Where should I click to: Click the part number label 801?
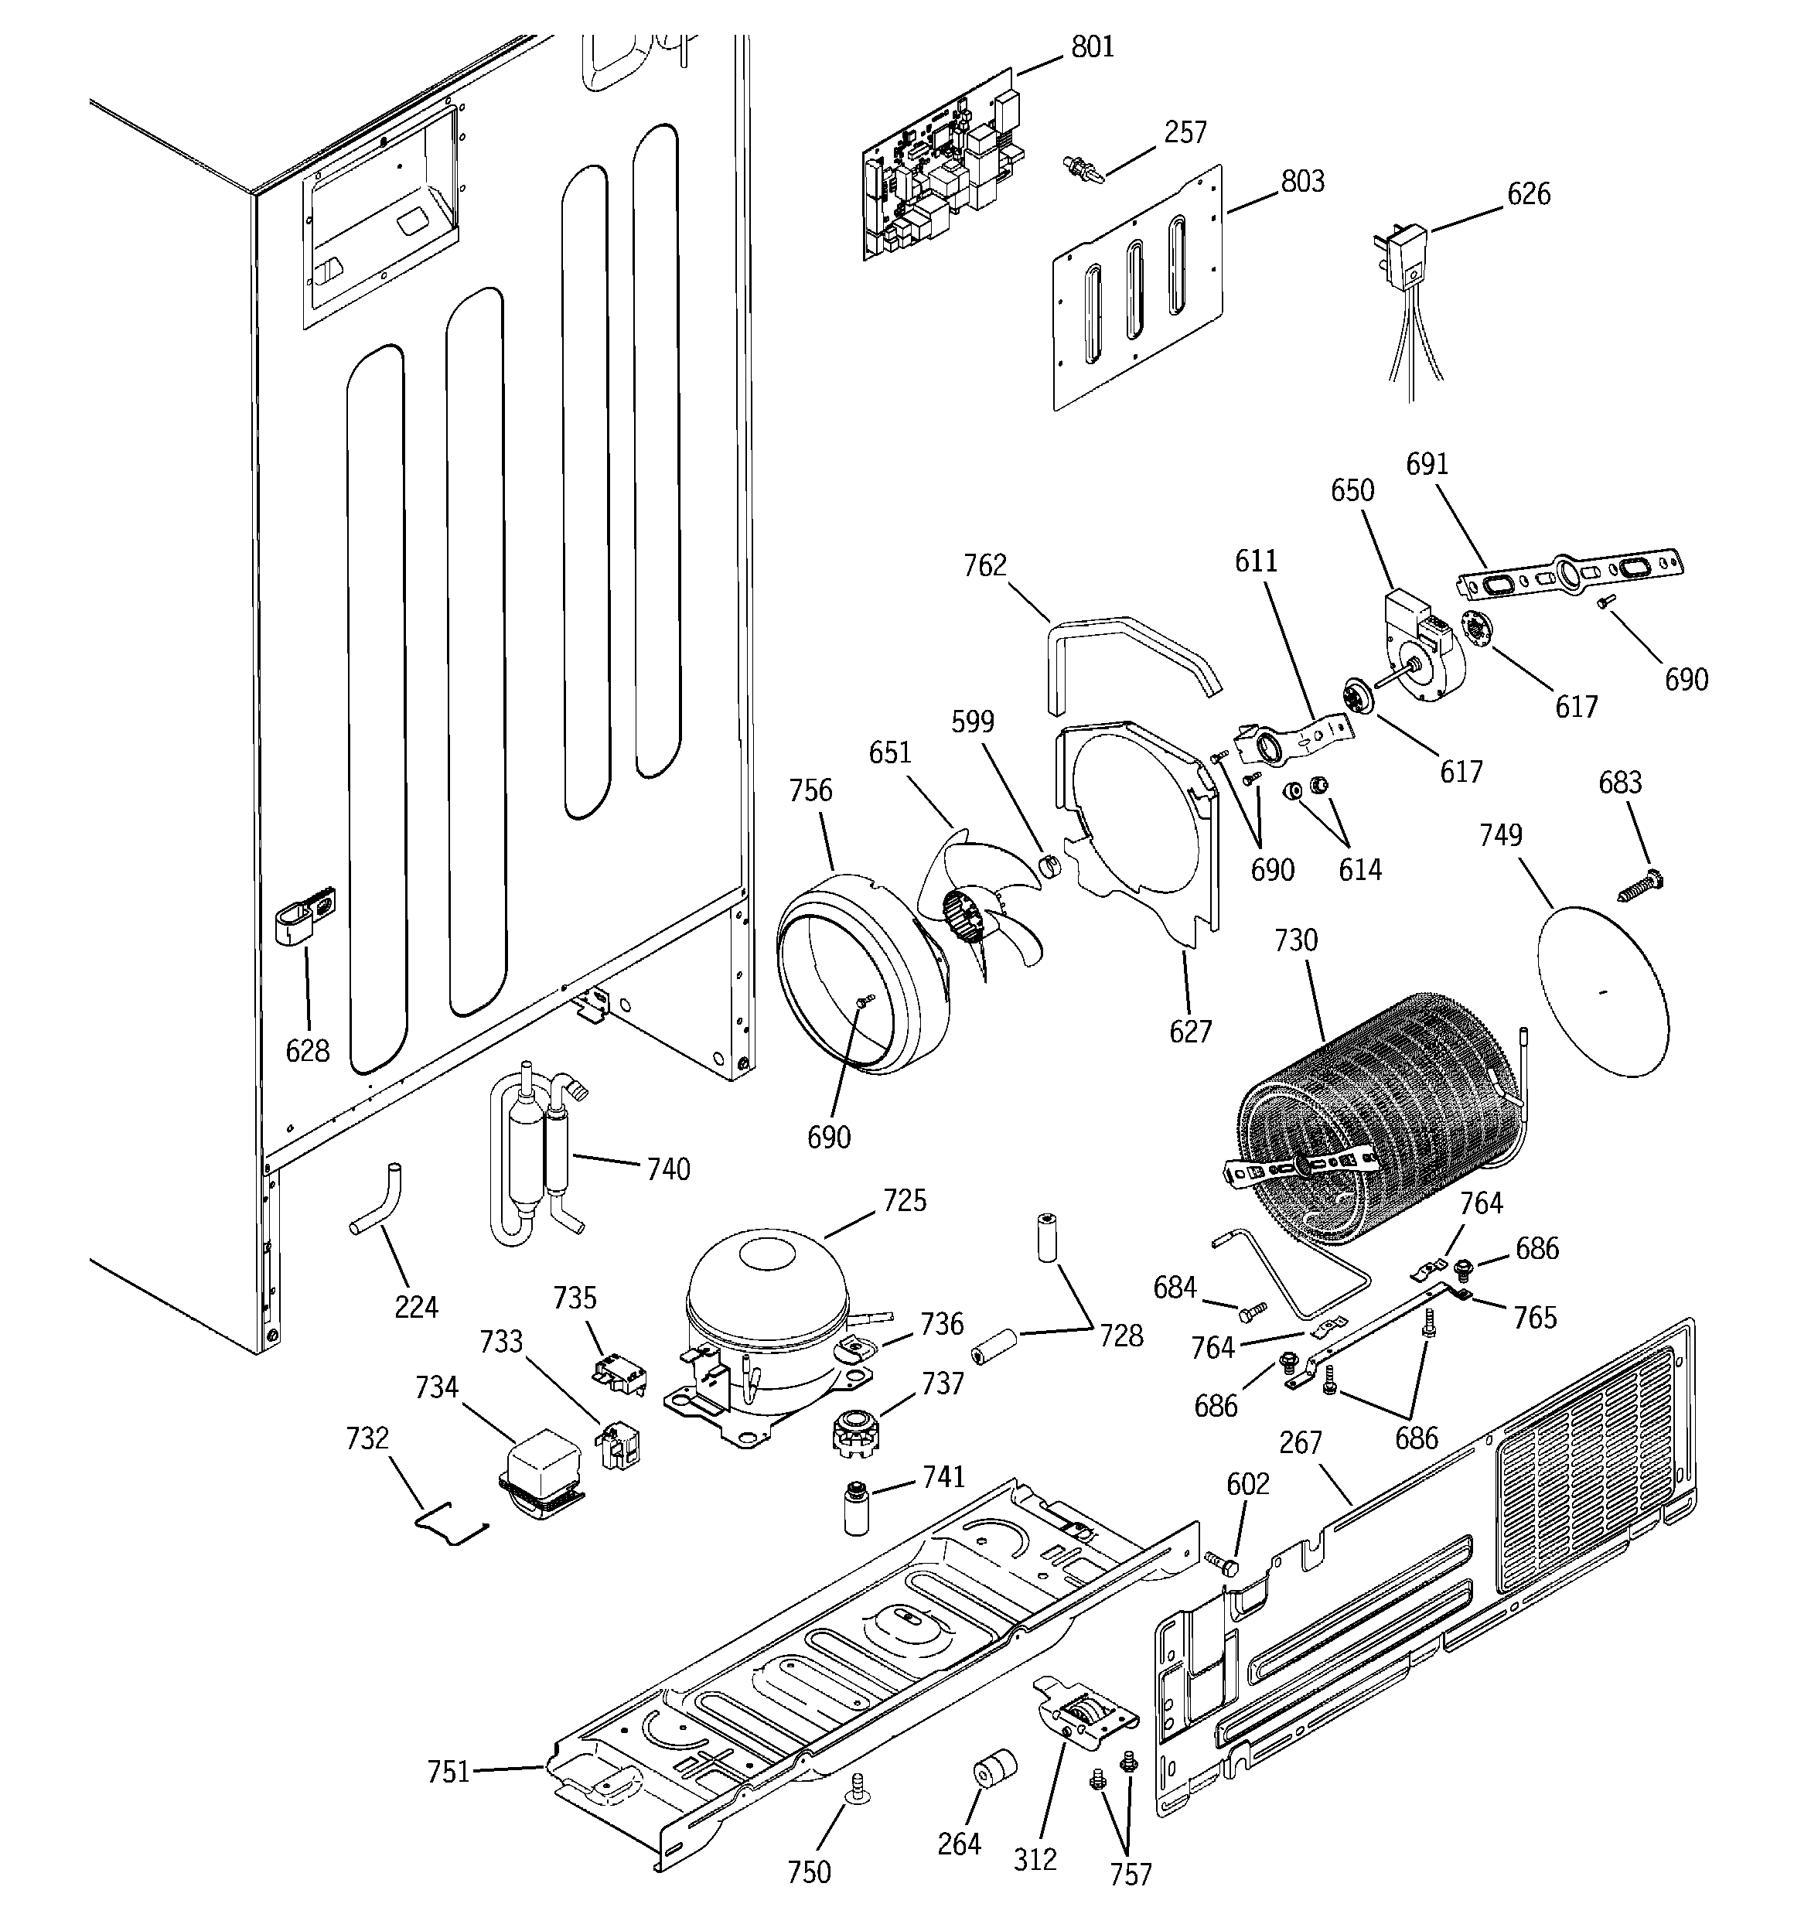[x=1092, y=47]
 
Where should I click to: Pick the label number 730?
[x=1295, y=940]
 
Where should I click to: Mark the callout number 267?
[x=1301, y=1441]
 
